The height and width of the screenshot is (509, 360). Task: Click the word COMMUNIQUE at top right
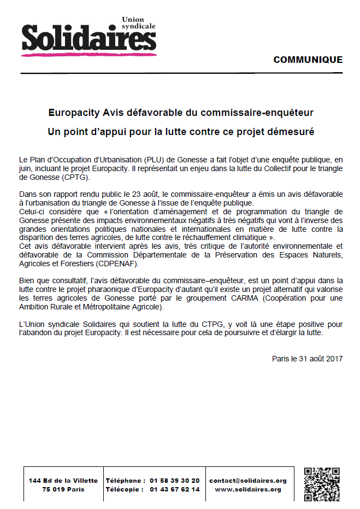(x=308, y=60)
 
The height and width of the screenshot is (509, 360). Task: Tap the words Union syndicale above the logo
(x=139, y=22)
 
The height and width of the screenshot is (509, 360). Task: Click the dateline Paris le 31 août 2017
(x=308, y=359)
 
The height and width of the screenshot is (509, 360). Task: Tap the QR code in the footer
(x=322, y=484)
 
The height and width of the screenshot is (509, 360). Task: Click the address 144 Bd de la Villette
(x=63, y=481)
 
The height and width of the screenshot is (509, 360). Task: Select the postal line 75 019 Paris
(x=63, y=489)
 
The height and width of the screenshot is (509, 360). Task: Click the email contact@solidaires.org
(x=248, y=481)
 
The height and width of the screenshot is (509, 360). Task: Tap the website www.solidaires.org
(x=248, y=489)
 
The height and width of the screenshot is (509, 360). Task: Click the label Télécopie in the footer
(x=125, y=489)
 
